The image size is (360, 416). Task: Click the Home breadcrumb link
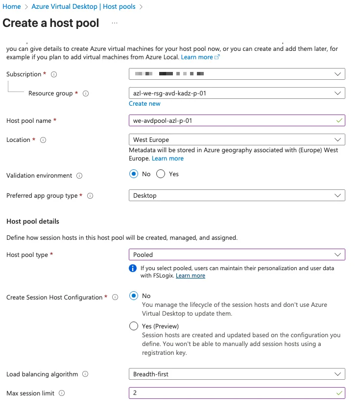pyautogui.click(x=12, y=7)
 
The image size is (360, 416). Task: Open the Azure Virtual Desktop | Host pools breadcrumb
pyautogui.click(x=84, y=7)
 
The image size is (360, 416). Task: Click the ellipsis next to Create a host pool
pyautogui.click(x=115, y=23)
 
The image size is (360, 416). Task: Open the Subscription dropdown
pyautogui.click(x=237, y=74)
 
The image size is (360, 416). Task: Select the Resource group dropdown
pyautogui.click(x=237, y=93)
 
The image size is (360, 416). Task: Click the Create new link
pyautogui.click(x=144, y=104)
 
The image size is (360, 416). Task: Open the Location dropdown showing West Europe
pyautogui.click(x=237, y=139)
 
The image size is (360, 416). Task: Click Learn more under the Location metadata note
pyautogui.click(x=168, y=159)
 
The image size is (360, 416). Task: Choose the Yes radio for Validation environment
pyautogui.click(x=161, y=174)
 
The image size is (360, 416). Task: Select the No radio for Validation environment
pyautogui.click(x=134, y=174)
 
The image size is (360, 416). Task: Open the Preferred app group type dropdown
pyautogui.click(x=237, y=195)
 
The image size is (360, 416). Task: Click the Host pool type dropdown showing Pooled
pyautogui.click(x=237, y=254)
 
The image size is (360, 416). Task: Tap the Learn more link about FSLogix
pyautogui.click(x=191, y=276)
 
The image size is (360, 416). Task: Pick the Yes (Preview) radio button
pyautogui.click(x=134, y=326)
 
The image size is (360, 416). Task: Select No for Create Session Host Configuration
pyautogui.click(x=134, y=296)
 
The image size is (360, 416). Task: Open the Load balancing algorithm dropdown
pyautogui.click(x=237, y=374)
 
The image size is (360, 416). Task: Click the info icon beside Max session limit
pyautogui.click(x=62, y=393)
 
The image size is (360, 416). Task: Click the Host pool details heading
pyautogui.click(x=33, y=221)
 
